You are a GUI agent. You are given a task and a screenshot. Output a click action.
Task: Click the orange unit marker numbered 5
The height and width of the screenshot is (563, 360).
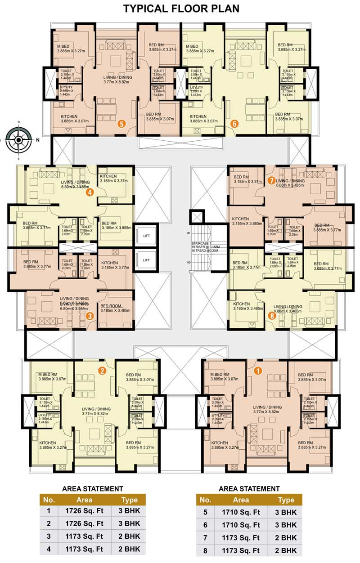pos(121,123)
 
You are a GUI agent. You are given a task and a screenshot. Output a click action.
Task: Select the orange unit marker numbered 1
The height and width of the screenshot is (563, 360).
pos(258,371)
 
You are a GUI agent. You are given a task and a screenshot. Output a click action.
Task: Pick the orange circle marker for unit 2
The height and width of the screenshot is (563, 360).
pos(102,371)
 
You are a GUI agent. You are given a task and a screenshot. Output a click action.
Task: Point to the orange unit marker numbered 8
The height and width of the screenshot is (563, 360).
pos(271,315)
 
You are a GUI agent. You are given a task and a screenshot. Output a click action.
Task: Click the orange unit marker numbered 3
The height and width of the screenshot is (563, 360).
pos(90,316)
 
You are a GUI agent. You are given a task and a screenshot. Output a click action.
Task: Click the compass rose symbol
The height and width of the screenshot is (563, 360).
pos(18,140)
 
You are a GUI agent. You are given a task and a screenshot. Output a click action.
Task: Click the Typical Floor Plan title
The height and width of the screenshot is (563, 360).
pos(181,8)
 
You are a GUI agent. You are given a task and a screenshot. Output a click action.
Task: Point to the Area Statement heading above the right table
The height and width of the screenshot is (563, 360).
pos(249,488)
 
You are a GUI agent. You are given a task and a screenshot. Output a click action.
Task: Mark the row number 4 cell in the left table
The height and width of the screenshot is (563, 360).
pos(49,549)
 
